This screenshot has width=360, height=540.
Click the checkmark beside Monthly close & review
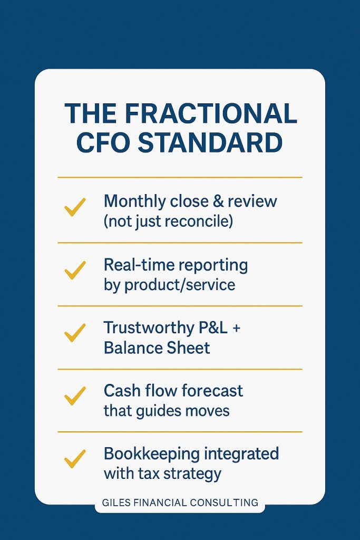pos(75,207)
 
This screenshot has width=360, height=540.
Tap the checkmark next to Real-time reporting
pos(75,270)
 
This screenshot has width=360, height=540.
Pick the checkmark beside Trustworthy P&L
pos(75,333)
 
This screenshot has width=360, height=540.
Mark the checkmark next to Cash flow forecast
pos(75,396)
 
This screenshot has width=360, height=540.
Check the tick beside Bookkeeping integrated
pos(75,459)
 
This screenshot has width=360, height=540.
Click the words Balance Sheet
pos(157,348)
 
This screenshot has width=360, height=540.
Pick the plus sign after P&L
pos(236,328)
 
